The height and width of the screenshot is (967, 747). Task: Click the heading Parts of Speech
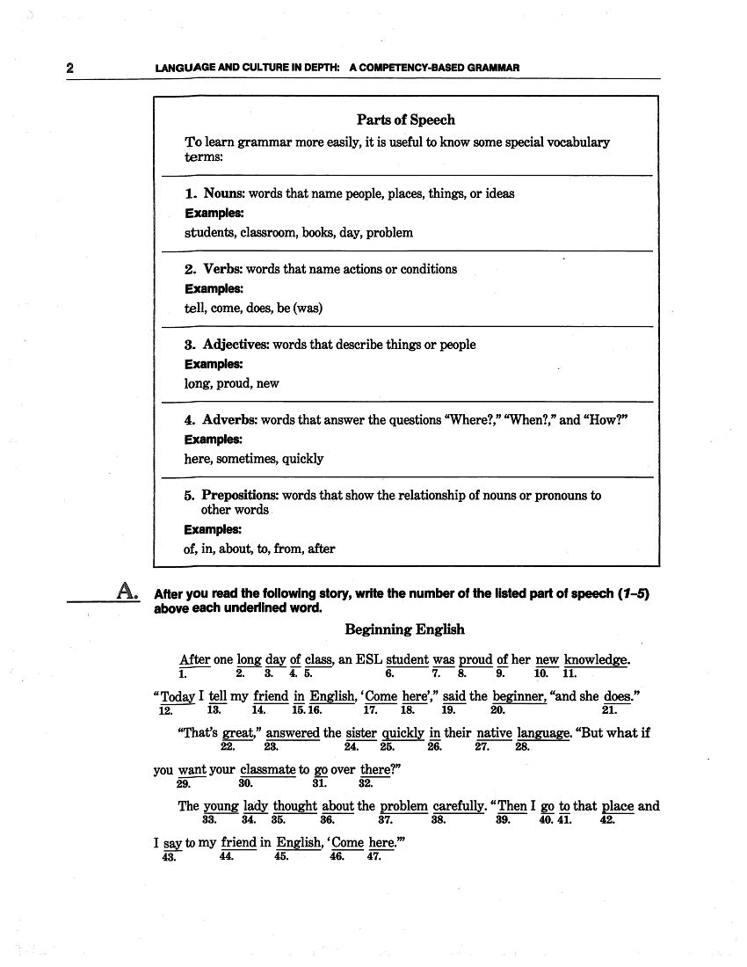405,120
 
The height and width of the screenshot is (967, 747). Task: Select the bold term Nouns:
224,193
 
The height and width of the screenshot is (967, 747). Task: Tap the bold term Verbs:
222,269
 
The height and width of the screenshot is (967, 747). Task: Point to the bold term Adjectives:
236,345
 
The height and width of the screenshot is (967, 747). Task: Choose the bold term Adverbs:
229,420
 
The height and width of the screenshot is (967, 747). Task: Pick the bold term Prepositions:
240,496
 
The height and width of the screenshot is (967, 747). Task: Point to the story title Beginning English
404,629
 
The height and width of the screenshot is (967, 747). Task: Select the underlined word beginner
519,696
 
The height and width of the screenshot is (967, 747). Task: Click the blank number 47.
373,857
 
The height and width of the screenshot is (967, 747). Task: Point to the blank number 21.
609,710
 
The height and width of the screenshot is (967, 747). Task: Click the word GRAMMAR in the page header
492,68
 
